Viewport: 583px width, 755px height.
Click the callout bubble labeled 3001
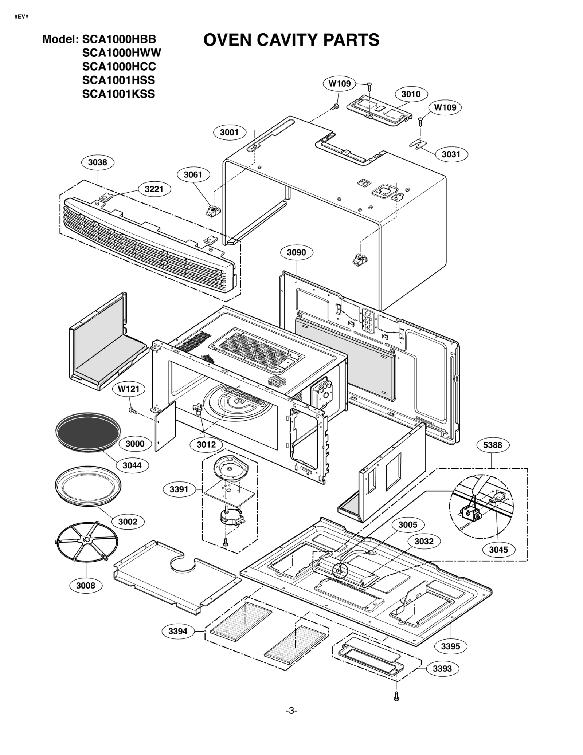(x=229, y=132)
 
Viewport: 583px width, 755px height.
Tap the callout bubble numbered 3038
(x=97, y=162)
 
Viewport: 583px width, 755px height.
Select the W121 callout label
(x=129, y=389)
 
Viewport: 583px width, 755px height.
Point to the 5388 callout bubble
(x=493, y=445)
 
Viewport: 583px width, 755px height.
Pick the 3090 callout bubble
(x=296, y=252)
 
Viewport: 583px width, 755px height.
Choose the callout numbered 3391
(x=179, y=489)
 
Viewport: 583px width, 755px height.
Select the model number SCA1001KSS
(x=118, y=94)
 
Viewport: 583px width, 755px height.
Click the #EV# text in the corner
(x=21, y=17)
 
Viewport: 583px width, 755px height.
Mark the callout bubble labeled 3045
(x=498, y=550)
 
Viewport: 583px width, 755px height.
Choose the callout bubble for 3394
(x=178, y=631)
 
